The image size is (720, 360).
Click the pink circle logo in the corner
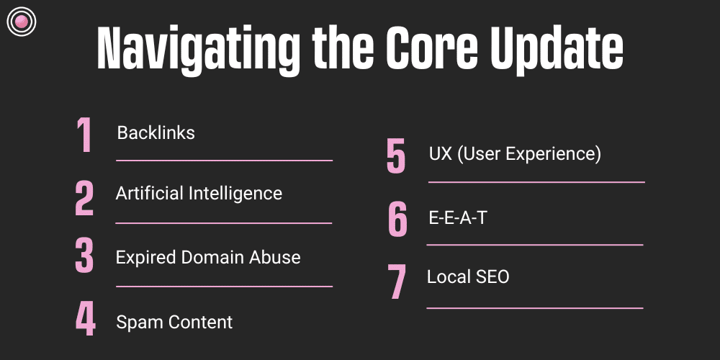[21, 22]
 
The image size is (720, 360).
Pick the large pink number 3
[85, 256]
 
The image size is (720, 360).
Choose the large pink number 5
[396, 156]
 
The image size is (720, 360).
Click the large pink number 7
[397, 282]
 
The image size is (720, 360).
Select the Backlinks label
[156, 133]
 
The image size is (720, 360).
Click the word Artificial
[149, 194]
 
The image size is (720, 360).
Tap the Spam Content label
[174, 322]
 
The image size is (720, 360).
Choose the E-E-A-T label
[457, 217]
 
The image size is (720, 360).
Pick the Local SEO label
[468, 276]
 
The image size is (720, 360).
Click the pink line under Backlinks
[224, 161]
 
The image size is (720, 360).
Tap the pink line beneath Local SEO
[534, 308]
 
